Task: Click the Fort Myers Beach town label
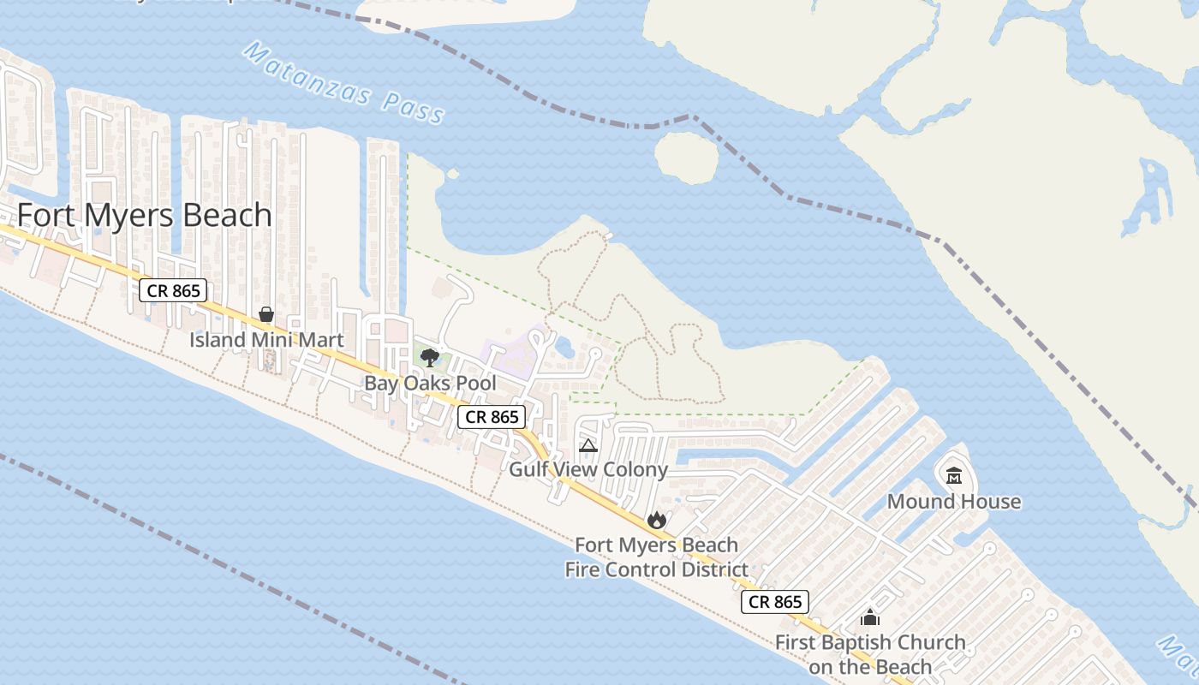[x=145, y=215]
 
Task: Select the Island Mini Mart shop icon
[x=266, y=314]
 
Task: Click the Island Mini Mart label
[x=266, y=340]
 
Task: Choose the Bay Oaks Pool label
[x=430, y=383]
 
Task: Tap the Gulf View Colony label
[x=588, y=469]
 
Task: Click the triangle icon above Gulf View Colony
[x=588, y=445]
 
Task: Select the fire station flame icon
[x=656, y=519]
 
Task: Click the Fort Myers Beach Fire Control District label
[x=656, y=557]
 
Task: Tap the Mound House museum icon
[x=954, y=475]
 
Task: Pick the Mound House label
[x=954, y=501]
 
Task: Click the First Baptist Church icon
[x=870, y=616]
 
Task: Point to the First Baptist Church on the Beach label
[x=870, y=654]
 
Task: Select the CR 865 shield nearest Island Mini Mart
[x=174, y=290]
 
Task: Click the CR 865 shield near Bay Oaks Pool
[x=492, y=417]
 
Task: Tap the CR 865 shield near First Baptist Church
[x=775, y=602]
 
